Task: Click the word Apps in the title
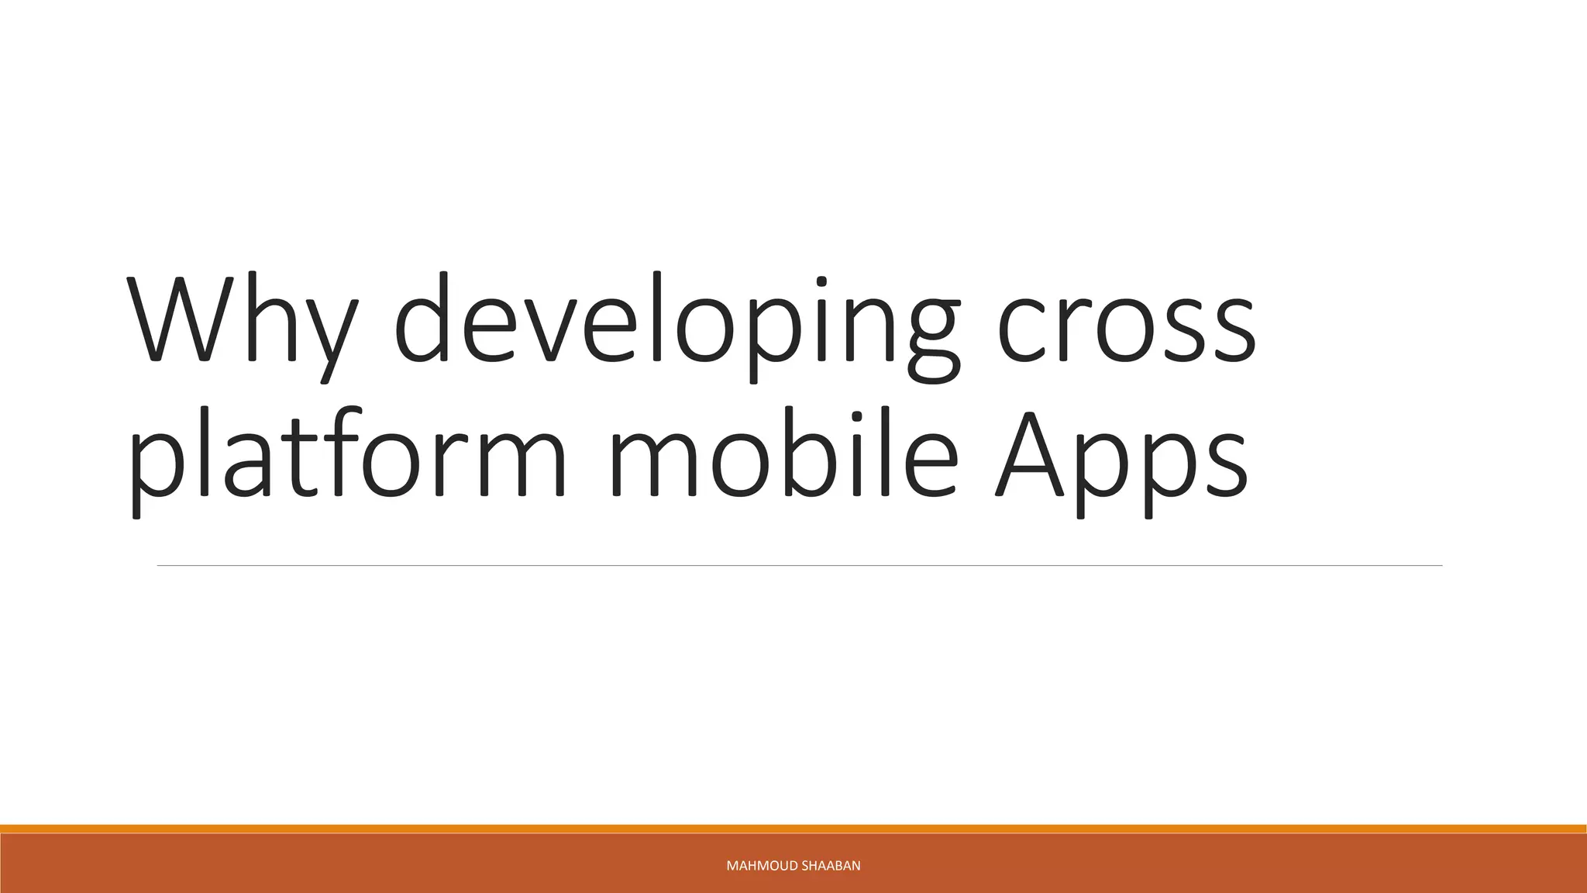coord(1121,457)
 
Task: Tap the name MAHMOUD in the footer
coord(762,866)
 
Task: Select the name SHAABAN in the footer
coord(831,866)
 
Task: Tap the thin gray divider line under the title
coord(798,566)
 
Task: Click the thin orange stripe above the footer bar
coord(793,829)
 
